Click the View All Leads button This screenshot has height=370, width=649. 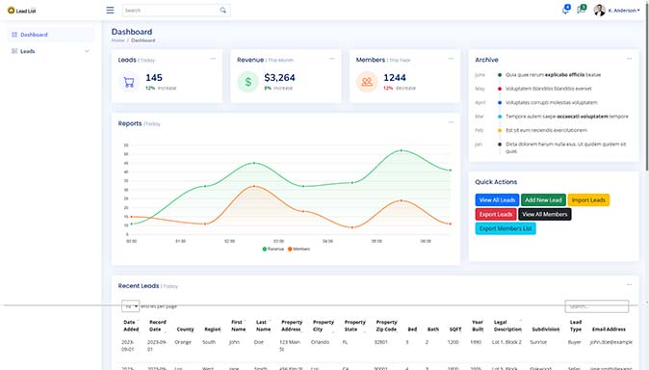(497, 199)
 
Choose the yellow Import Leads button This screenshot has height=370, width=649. (588, 199)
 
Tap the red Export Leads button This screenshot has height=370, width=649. (496, 214)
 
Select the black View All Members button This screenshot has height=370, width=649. (545, 214)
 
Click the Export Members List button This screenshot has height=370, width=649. (506, 228)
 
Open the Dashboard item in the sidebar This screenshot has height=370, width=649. (34, 35)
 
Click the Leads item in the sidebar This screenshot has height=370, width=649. (28, 51)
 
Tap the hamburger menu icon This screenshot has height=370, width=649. (110, 11)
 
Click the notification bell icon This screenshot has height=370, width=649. (565, 11)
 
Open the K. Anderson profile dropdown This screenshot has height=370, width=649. (616, 11)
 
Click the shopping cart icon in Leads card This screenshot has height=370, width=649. (128, 82)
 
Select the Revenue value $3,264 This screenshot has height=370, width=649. (279, 77)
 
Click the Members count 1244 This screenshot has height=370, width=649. (395, 77)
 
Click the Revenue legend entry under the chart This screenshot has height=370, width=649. (273, 249)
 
